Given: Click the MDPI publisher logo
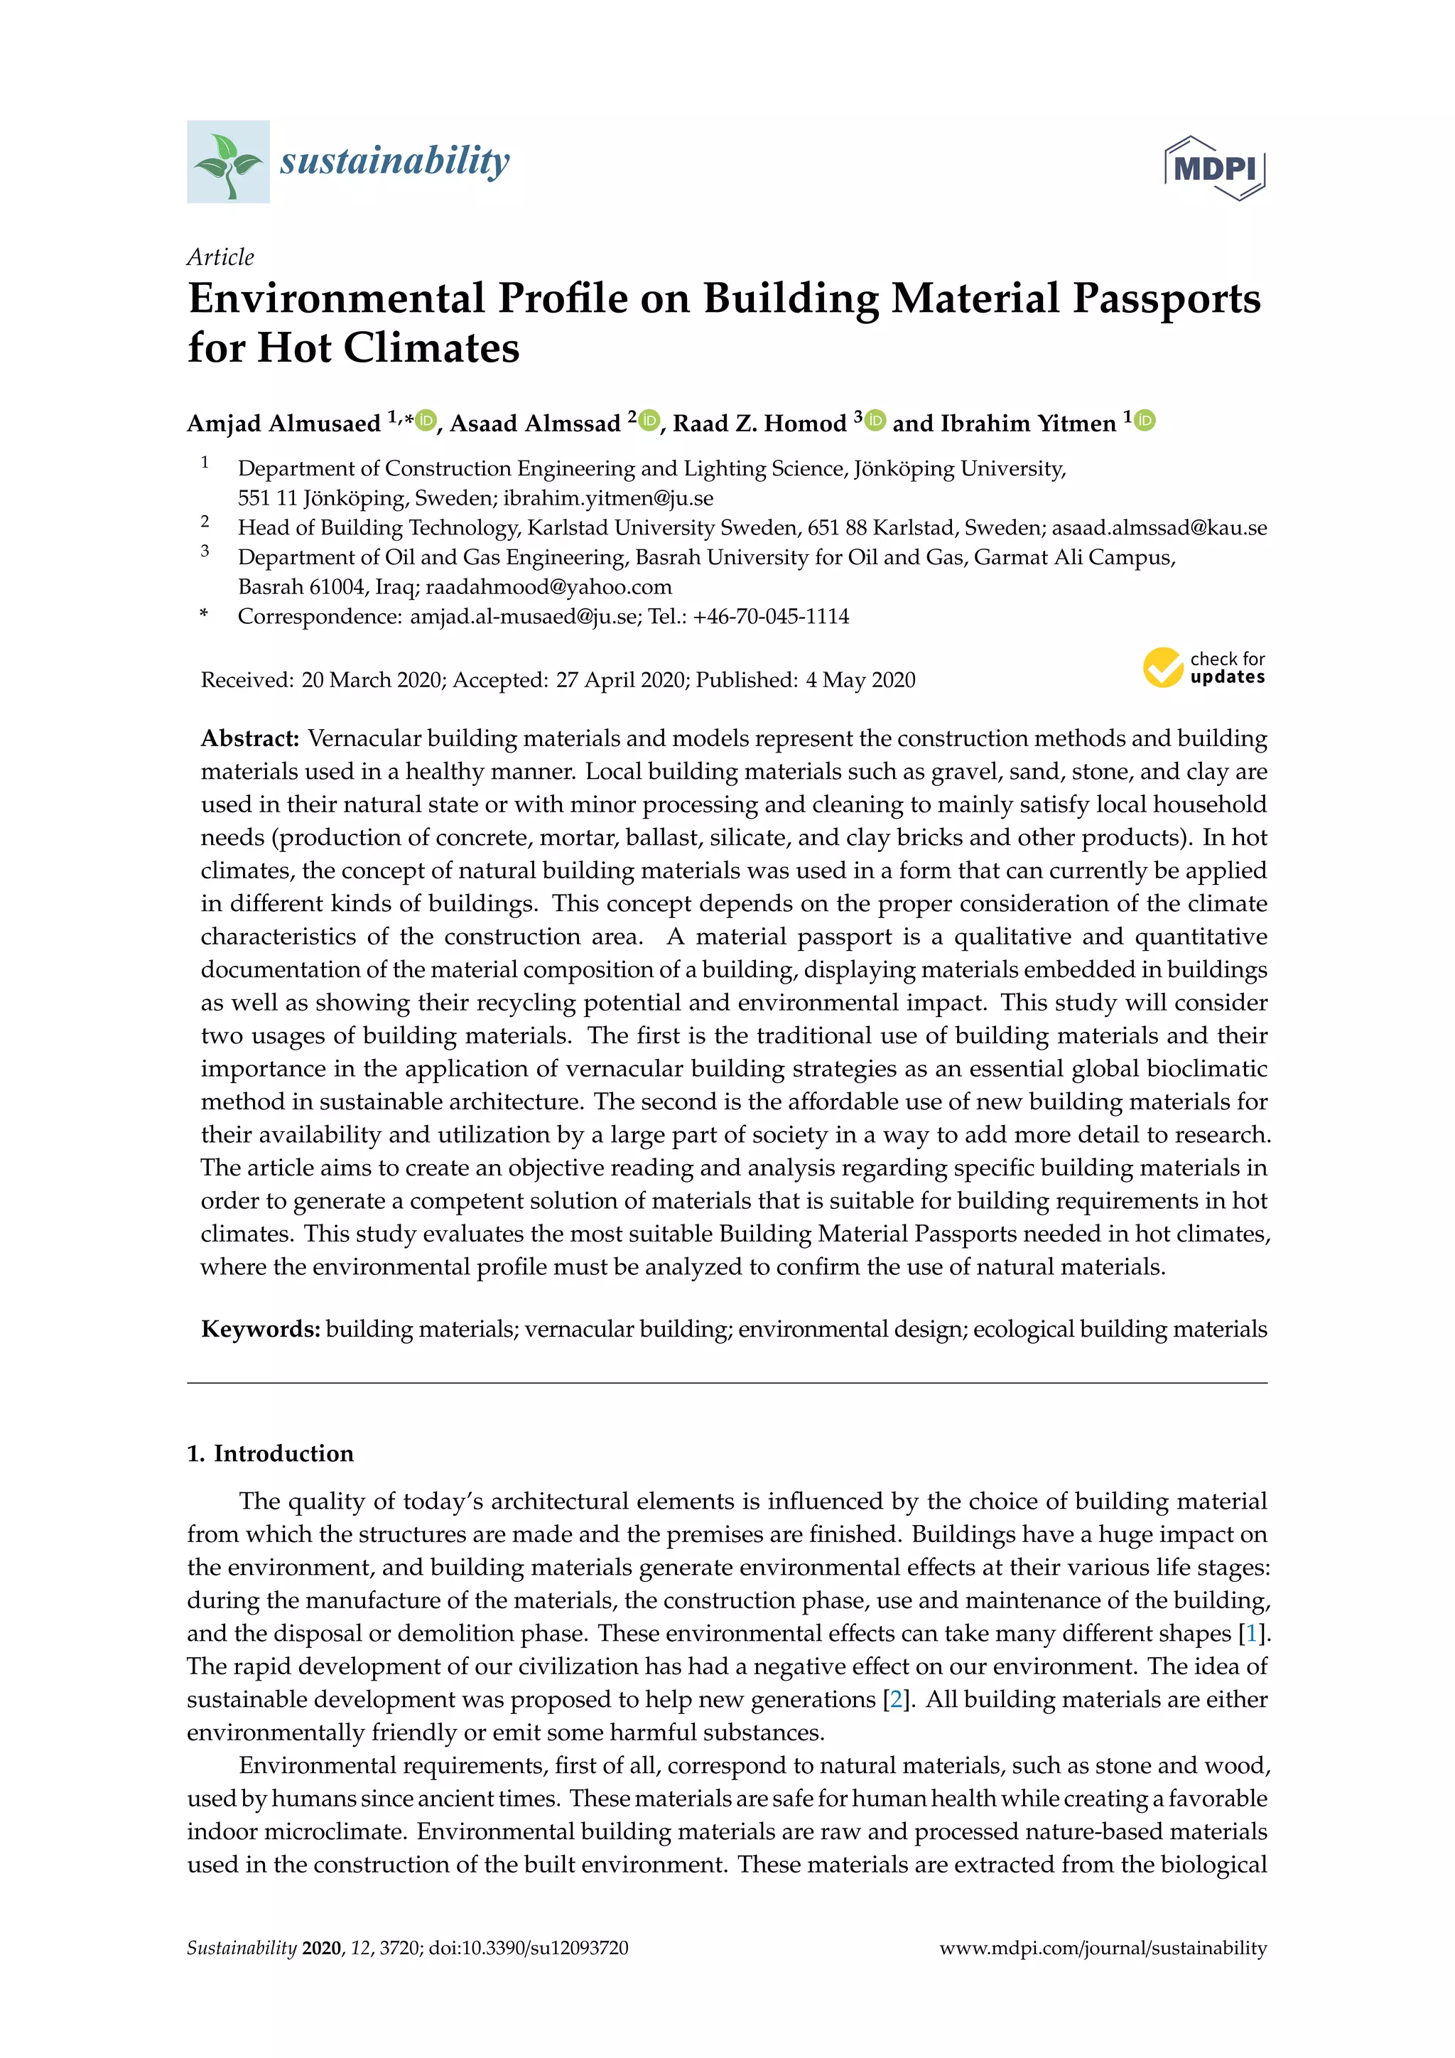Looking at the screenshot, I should [x=1214, y=168].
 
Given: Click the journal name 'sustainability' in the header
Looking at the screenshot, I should [x=394, y=161].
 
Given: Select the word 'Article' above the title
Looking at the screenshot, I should [x=220, y=257].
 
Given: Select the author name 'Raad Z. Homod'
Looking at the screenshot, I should [x=759, y=423].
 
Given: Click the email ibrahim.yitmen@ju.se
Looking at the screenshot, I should [x=607, y=498].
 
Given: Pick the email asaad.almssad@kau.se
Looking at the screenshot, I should [x=1159, y=528].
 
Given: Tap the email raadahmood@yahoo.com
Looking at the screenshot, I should [x=548, y=587].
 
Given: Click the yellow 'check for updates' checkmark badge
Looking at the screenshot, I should [x=1163, y=668].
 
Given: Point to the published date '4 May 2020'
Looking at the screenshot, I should [x=860, y=680].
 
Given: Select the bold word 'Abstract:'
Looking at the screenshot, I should [x=250, y=738].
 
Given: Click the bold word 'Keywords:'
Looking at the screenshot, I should [x=260, y=1330].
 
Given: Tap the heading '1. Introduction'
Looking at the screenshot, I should [x=270, y=1453].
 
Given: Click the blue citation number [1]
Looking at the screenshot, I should [x=1250, y=1633].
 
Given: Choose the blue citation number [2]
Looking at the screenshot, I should [x=896, y=1699].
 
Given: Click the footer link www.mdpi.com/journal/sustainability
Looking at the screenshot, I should [x=1103, y=1948].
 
